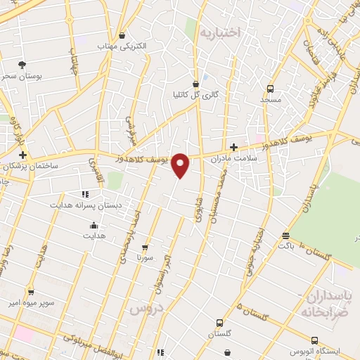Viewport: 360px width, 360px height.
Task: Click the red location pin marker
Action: tap(181, 165)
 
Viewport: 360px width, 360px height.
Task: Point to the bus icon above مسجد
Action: tap(270, 89)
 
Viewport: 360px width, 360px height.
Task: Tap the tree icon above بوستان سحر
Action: tap(23, 65)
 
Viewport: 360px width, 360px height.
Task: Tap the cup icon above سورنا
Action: tap(145, 247)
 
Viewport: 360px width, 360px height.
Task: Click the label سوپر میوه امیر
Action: tap(30, 302)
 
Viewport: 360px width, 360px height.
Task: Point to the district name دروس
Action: tap(146, 308)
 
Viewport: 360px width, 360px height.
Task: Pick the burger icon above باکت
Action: tap(285, 236)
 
